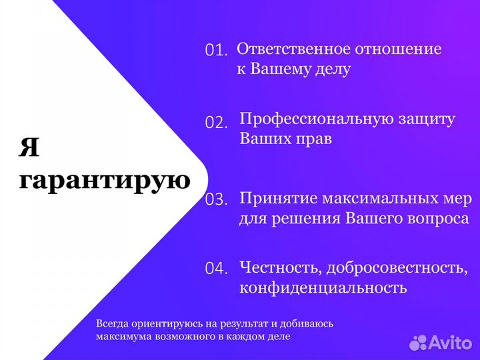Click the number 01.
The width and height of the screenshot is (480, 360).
pos(216,50)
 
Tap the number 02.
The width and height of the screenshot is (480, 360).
pos(216,122)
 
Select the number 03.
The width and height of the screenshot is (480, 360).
pos(217,199)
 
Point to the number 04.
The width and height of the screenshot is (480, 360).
pos(217,269)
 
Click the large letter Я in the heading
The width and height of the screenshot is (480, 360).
pos(29,147)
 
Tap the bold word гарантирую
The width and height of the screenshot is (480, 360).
pos(104,180)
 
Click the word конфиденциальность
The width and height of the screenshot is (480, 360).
pos(323,288)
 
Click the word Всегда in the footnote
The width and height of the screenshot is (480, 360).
pos(112,323)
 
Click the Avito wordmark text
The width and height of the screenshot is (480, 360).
pos(450,342)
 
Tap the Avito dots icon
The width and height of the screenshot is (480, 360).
pos(418,343)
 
